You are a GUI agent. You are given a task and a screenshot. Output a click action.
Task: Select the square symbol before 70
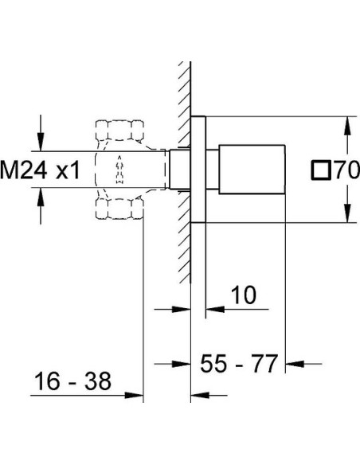pos(322,170)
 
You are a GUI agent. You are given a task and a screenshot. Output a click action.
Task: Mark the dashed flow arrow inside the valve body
pos(119,169)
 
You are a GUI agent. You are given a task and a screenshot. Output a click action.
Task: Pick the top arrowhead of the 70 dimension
pos(346,125)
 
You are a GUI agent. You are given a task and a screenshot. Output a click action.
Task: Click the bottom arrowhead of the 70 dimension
pos(346,214)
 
